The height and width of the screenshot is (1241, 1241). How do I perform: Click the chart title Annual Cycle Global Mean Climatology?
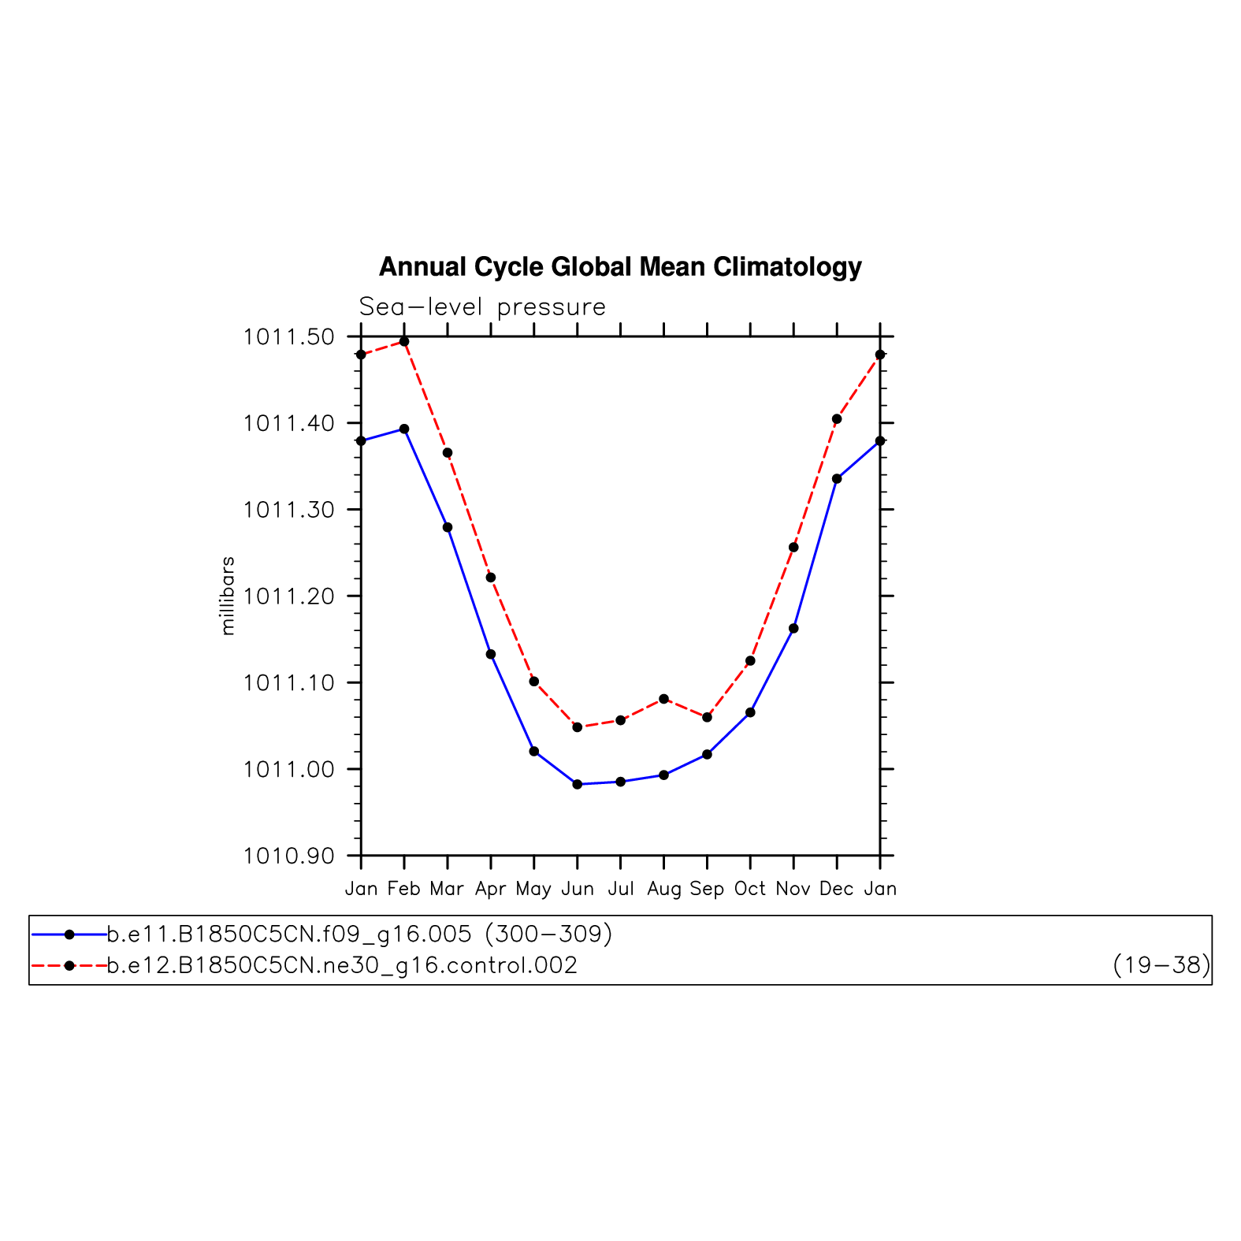620,267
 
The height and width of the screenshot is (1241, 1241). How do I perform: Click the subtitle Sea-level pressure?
482,307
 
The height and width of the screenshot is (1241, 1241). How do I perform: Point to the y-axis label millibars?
228,596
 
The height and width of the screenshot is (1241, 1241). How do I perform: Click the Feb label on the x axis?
404,890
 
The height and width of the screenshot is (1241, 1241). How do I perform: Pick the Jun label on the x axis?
578,890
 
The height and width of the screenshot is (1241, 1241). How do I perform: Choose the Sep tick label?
707,890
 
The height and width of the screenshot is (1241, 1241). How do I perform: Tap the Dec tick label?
836,890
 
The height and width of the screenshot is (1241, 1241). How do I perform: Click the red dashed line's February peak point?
404,341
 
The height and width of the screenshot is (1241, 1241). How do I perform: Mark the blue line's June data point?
578,784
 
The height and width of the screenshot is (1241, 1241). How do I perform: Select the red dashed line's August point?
663,699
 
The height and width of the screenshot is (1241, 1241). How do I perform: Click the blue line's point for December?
837,479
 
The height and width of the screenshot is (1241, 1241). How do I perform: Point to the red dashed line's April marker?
491,578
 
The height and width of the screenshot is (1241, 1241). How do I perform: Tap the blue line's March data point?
448,527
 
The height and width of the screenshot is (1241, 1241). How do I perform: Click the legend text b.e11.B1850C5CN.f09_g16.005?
289,934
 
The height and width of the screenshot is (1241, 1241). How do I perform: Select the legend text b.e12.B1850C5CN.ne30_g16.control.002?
342,965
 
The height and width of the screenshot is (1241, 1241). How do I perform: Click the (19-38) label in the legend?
1161,965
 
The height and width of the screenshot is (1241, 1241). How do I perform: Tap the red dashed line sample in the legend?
69,965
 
